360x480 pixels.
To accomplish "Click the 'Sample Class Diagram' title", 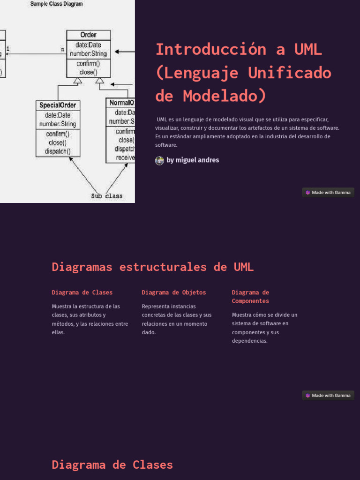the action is (x=57, y=4).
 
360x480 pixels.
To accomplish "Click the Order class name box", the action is (x=89, y=35).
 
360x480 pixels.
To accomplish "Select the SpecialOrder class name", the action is (x=58, y=105).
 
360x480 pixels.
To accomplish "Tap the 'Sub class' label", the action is (x=107, y=196).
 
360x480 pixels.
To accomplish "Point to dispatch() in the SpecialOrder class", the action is (x=58, y=151).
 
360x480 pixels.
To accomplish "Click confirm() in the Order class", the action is (x=89, y=64).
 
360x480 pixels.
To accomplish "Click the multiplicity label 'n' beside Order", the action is (x=63, y=49).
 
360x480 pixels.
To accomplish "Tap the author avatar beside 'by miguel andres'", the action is (x=159, y=160).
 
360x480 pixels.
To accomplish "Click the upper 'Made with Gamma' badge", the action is (x=328, y=192).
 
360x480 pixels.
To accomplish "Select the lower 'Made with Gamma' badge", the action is (x=328, y=395).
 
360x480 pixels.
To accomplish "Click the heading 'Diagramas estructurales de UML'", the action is (x=153, y=267).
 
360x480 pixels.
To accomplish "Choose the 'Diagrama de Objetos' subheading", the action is (x=174, y=292).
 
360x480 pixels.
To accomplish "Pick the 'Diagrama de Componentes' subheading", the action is (x=250, y=297).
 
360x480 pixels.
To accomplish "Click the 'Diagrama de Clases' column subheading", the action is (x=82, y=292).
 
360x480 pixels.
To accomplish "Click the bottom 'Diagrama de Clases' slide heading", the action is (x=112, y=465).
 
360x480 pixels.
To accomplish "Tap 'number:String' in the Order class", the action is (x=89, y=53).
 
